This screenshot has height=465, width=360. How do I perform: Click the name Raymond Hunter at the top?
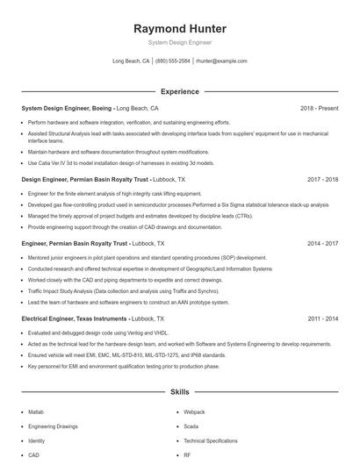click(x=180, y=28)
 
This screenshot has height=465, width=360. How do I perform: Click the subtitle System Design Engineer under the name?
click(x=180, y=42)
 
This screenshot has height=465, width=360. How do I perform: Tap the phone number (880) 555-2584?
click(x=173, y=61)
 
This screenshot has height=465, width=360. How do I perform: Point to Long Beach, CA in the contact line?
click(x=131, y=61)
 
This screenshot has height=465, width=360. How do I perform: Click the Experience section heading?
click(x=180, y=91)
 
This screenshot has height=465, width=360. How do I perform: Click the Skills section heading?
click(x=180, y=391)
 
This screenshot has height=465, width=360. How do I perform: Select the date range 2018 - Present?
click(x=319, y=108)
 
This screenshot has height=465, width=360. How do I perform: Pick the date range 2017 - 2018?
click(x=323, y=179)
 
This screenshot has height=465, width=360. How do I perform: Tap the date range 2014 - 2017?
click(x=323, y=242)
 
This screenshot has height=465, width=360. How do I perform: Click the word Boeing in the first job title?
click(x=101, y=108)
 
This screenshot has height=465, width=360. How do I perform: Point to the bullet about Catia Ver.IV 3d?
click(x=119, y=162)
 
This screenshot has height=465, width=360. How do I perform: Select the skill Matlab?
click(x=36, y=411)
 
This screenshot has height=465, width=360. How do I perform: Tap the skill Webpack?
click(x=194, y=411)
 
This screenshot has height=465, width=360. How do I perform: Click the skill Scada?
click(x=191, y=426)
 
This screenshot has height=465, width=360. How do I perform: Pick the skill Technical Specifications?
click(x=211, y=440)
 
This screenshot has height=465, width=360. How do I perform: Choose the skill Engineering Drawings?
click(x=53, y=426)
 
